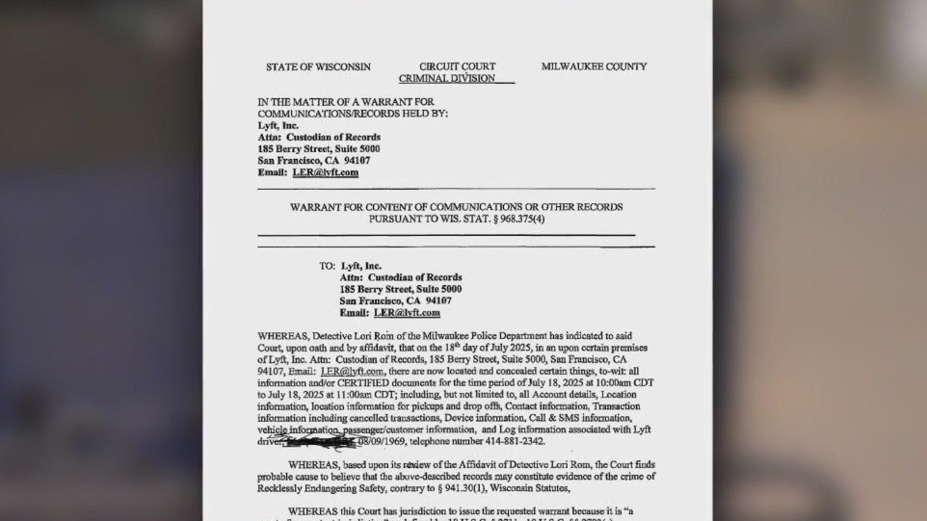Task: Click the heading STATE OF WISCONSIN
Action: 318,66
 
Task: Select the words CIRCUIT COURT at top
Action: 458,66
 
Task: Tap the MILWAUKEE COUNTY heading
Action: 594,66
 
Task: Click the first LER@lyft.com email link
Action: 326,172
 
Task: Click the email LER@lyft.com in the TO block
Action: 407,312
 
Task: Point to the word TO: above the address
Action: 328,266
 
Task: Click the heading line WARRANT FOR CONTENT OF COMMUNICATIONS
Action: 456,207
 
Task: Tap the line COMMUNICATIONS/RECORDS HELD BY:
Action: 353,113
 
